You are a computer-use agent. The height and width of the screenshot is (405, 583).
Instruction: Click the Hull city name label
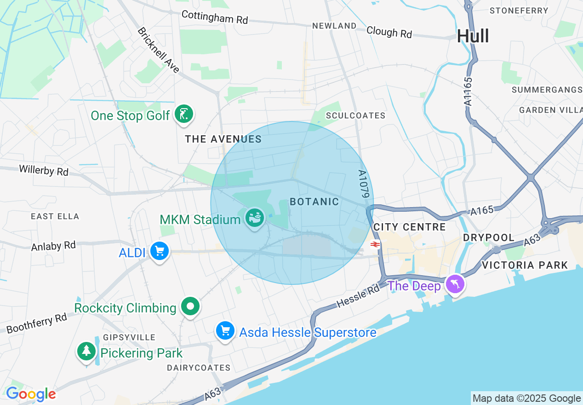pyautogui.click(x=473, y=36)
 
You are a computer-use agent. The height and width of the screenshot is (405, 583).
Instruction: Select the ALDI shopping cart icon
pyautogui.click(x=160, y=251)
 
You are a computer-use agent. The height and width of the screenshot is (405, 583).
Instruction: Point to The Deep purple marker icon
pyautogui.click(x=455, y=284)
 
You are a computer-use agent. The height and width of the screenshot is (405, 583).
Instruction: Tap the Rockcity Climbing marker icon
pyautogui.click(x=190, y=306)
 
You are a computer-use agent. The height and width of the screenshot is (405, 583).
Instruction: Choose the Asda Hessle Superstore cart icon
pyautogui.click(x=225, y=330)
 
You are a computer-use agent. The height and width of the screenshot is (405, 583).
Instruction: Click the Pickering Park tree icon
pyautogui.click(x=86, y=352)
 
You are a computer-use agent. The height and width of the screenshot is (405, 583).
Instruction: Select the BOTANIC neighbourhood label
pyautogui.click(x=314, y=202)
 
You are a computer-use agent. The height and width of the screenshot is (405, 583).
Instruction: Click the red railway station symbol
pyautogui.click(x=375, y=244)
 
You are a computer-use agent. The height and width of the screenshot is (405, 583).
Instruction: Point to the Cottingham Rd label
pyautogui.click(x=215, y=17)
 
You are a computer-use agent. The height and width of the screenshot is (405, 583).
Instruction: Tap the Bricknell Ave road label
pyautogui.click(x=158, y=50)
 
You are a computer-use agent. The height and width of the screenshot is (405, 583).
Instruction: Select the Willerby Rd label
pyautogui.click(x=44, y=170)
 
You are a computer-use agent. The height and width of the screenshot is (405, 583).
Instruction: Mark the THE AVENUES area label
pyautogui.click(x=223, y=139)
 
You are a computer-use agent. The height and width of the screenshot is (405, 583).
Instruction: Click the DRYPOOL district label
pyautogui.click(x=489, y=237)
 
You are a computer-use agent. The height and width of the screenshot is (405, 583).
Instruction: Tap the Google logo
pyautogui.click(x=31, y=394)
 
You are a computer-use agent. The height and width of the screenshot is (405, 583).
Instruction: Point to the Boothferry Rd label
pyautogui.click(x=37, y=323)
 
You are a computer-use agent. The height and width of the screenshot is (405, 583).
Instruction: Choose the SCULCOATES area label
pyautogui.click(x=355, y=116)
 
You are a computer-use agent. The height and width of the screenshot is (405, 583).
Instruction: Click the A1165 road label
pyautogui.click(x=469, y=92)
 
